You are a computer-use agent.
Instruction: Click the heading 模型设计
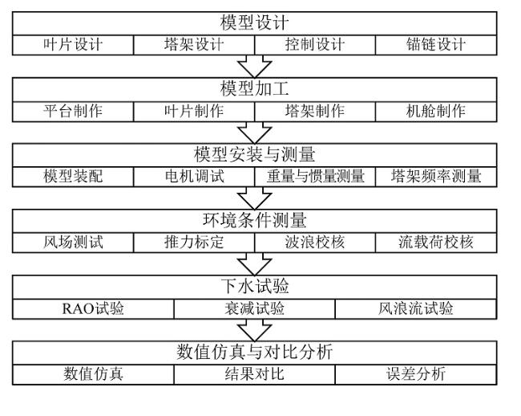coord(255,23)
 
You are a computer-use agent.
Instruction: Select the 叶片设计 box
coord(73,45)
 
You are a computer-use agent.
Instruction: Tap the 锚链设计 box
coord(436,45)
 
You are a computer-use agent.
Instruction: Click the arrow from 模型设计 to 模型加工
coord(255,66)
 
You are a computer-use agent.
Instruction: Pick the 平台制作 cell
coord(73,112)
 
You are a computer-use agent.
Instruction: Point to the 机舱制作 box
coord(436,112)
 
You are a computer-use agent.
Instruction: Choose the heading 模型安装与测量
coord(255,155)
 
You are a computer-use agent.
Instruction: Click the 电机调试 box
coord(194,177)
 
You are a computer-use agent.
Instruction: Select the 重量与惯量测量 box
coord(315,177)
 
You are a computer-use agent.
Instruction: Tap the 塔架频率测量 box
coord(436,177)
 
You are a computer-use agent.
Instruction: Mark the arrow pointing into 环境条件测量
coord(255,198)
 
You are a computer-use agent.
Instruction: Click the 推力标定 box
coord(194,243)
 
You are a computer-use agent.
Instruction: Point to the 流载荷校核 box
coord(436,243)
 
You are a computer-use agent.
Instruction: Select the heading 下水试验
coord(255,286)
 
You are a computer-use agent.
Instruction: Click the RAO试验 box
coord(93,308)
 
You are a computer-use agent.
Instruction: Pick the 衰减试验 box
coord(255,308)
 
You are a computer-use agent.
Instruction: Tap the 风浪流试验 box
coord(416,308)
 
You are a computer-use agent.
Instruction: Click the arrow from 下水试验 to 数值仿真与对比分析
coord(255,330)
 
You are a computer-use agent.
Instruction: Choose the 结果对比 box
coord(255,374)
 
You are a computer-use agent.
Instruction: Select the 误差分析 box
coord(416,374)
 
